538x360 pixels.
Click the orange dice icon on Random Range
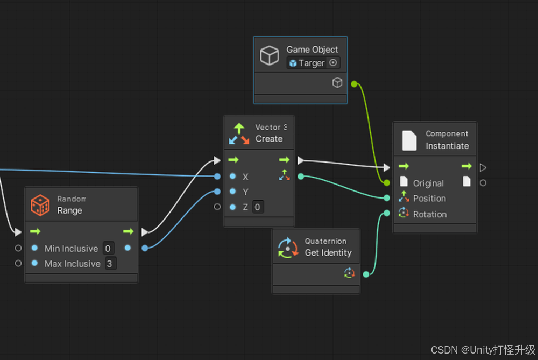tap(40, 205)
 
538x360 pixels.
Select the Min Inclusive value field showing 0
tap(108, 249)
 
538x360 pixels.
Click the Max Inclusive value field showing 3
tap(110, 264)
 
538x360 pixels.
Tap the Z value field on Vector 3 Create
tap(258, 207)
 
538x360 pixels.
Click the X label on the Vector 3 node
tap(245, 177)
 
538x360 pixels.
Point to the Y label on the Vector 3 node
tap(245, 192)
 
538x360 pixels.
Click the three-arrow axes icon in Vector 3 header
tap(239, 133)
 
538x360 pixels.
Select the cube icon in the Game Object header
tap(270, 55)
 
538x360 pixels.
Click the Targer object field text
tap(312, 63)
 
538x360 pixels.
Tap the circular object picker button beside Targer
tap(333, 63)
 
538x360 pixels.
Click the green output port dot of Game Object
tap(354, 84)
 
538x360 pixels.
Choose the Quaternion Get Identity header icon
tap(288, 248)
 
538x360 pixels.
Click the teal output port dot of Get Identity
tap(366, 274)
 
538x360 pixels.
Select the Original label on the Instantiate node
tap(428, 183)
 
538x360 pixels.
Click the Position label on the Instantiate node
tap(429, 199)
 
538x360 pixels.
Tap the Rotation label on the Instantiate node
tap(429, 214)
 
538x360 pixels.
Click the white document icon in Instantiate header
tap(409, 140)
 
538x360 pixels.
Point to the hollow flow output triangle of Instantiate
tap(483, 167)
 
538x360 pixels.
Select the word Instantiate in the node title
tap(447, 146)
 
